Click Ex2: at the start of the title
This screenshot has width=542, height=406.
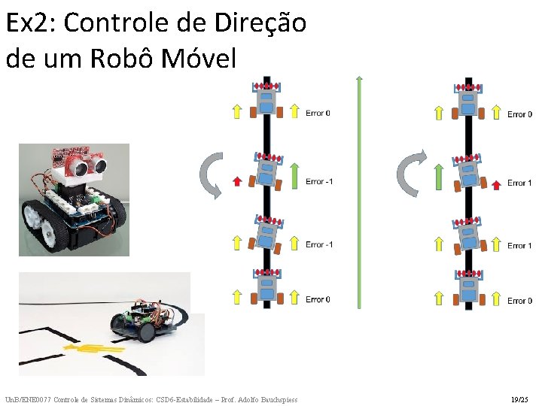point(29,23)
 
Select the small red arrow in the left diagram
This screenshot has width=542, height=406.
point(236,180)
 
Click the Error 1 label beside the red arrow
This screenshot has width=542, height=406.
point(519,183)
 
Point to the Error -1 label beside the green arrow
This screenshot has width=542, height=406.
point(319,181)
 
